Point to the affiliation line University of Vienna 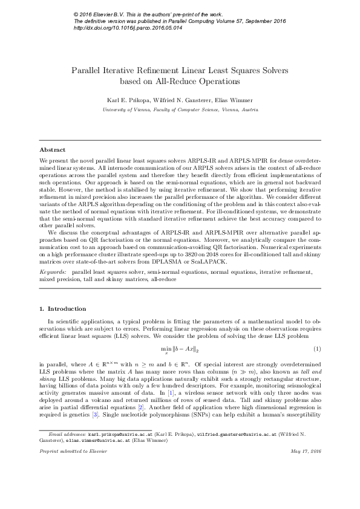click(x=180, y=111)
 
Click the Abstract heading click(x=53, y=149)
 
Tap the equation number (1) click(x=316, y=349)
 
